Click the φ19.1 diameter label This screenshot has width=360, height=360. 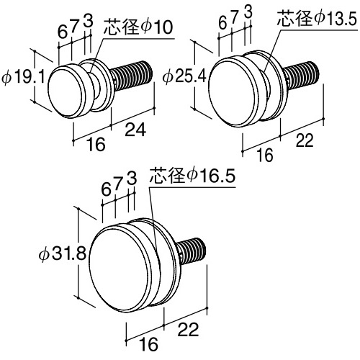[x=23, y=77]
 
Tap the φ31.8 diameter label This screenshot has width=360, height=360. [x=63, y=253]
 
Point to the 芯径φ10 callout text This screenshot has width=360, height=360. [x=138, y=27]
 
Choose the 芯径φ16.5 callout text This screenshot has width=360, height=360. [x=192, y=176]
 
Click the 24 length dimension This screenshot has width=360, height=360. [x=135, y=130]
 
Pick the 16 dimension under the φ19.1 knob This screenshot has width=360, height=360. [x=96, y=144]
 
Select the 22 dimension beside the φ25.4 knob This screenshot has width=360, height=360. [x=305, y=140]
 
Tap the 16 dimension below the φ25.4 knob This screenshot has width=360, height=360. [x=265, y=155]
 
